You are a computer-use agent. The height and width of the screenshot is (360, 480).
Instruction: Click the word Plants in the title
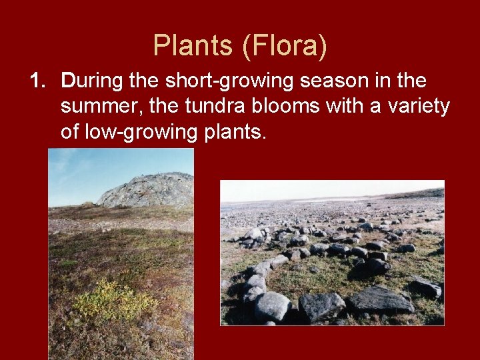(193, 45)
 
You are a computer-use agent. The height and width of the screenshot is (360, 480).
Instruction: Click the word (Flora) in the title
(285, 45)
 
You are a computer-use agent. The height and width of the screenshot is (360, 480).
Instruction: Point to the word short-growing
(219, 82)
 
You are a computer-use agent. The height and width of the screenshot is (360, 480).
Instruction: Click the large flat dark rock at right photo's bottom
(380, 300)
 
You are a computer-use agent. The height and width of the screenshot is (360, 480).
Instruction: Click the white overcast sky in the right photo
(320, 189)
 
